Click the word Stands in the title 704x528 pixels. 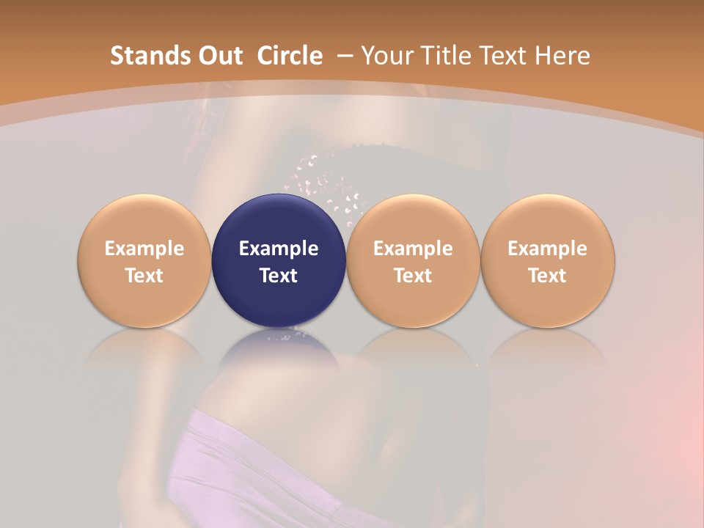(142, 56)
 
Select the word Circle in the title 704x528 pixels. (290, 56)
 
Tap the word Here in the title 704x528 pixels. (565, 56)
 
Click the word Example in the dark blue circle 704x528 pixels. (279, 249)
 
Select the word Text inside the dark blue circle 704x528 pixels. (279, 276)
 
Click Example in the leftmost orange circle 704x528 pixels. (144, 249)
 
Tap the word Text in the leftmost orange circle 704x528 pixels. (144, 276)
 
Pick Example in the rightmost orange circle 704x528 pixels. (548, 249)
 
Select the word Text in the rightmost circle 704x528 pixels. (548, 276)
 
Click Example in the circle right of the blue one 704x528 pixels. (413, 249)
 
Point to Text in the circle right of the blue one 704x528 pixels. (413, 276)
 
